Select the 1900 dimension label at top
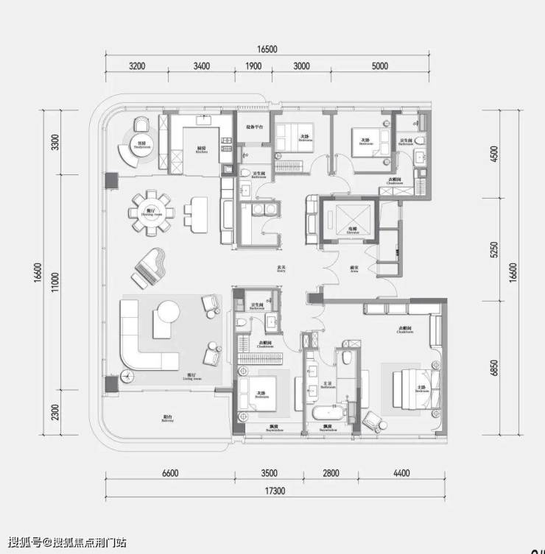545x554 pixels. [x=253, y=66]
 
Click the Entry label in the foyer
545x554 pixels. [x=279, y=269]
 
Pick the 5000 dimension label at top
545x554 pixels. [x=379, y=66]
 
